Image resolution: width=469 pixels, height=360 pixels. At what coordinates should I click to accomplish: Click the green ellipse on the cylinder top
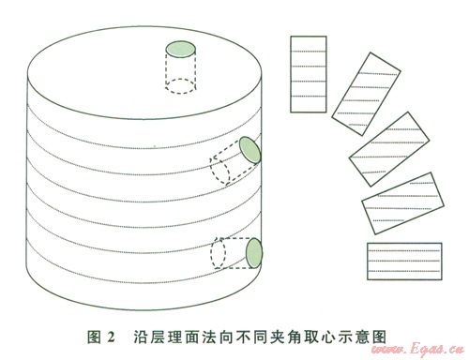181,49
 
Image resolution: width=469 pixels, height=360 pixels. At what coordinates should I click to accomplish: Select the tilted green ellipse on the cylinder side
250,150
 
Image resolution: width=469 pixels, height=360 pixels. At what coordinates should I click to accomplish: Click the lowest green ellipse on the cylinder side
254,253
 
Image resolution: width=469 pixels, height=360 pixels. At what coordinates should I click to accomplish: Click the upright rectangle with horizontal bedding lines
309,74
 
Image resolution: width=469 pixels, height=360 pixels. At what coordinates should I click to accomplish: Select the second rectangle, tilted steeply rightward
366,94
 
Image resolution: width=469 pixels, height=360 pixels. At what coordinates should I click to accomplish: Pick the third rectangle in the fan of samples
389,149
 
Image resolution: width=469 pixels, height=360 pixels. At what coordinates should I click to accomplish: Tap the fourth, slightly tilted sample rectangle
402,203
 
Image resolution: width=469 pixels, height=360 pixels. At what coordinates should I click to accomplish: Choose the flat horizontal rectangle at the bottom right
404,262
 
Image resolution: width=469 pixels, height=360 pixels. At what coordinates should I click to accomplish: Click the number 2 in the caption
111,337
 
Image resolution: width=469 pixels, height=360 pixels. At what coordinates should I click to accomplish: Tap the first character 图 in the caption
94,337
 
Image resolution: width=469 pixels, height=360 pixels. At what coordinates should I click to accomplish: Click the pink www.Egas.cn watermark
418,349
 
